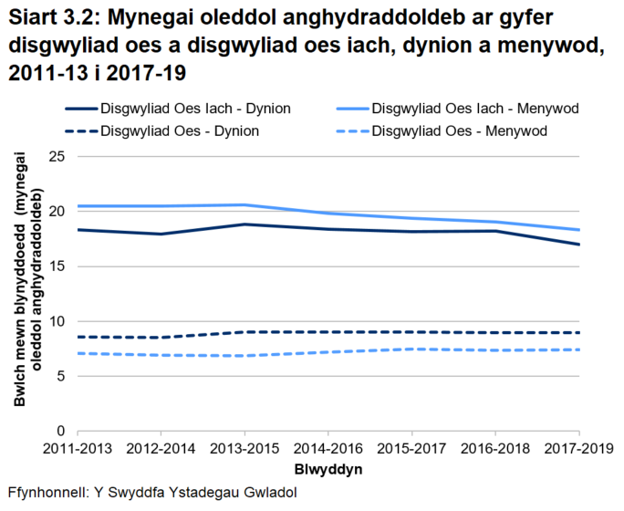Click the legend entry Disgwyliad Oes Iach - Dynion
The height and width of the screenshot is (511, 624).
[196, 109]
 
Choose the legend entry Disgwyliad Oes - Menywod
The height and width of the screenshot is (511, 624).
[460, 130]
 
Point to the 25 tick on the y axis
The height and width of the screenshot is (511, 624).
[57, 157]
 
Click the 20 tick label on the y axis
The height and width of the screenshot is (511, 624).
[57, 212]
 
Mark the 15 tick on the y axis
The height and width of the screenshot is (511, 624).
[57, 266]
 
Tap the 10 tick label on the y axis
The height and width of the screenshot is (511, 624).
[57, 321]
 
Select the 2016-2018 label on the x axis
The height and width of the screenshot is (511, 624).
[496, 450]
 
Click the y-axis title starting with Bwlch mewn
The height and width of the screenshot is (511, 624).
[27, 292]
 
